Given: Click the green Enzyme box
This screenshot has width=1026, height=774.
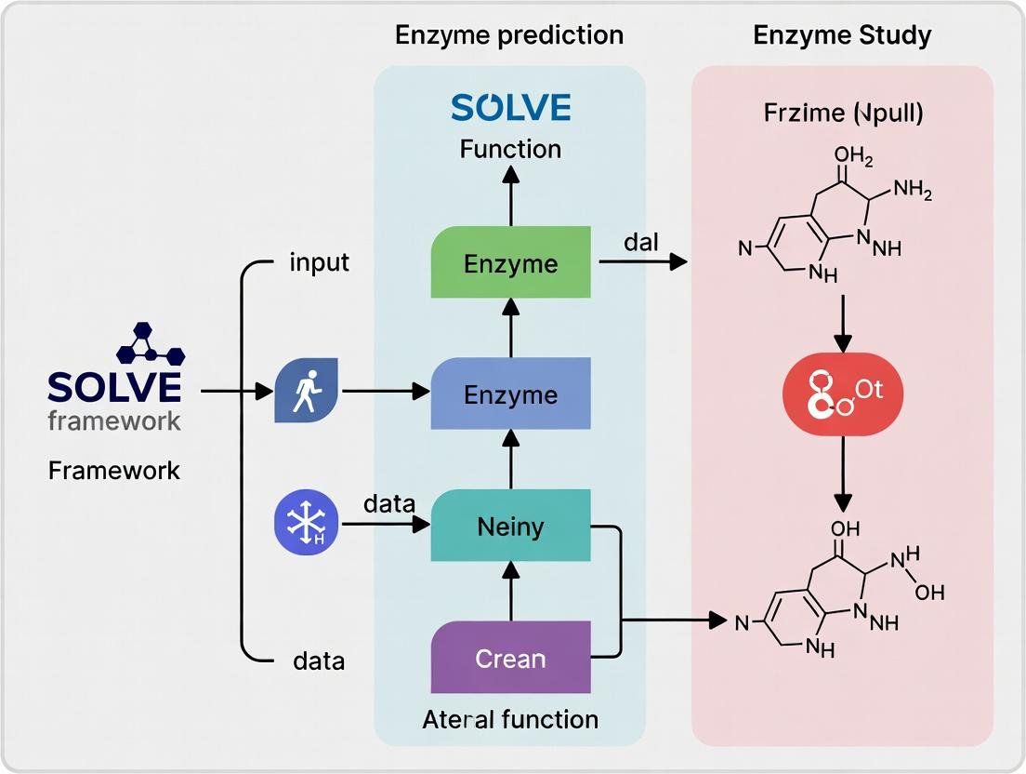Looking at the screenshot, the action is [x=510, y=262].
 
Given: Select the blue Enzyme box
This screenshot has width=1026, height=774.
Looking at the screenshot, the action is [x=510, y=394].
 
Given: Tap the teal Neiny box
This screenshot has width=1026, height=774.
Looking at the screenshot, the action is [x=510, y=526].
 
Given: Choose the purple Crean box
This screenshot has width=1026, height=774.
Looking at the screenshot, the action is [x=510, y=657].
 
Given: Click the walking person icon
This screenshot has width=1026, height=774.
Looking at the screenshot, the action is [x=307, y=391].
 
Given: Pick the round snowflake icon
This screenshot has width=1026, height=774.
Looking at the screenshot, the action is [x=307, y=522].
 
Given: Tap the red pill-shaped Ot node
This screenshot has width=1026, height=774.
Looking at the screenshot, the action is [x=843, y=394].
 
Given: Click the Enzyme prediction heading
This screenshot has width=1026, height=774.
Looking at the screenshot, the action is [x=509, y=34].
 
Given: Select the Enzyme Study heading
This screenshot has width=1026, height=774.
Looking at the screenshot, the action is [x=842, y=34].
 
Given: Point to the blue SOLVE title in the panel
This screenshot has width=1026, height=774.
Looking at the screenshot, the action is [x=511, y=107].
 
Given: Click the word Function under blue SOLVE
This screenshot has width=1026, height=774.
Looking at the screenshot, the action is [x=510, y=149].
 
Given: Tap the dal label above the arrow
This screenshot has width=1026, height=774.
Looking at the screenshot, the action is [x=640, y=242].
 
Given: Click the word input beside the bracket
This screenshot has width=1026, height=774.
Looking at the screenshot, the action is [x=320, y=262].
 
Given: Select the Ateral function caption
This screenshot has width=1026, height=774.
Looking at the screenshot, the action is [x=510, y=720].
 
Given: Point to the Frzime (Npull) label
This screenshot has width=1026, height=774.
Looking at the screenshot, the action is [x=844, y=113].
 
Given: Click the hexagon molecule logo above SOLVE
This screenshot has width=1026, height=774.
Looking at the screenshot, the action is [x=151, y=343].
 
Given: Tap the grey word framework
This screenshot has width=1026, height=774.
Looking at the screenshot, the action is [x=114, y=420].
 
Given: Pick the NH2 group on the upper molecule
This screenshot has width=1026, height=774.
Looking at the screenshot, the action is [x=913, y=190].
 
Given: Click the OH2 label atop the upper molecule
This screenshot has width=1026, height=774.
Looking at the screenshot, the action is [x=853, y=156].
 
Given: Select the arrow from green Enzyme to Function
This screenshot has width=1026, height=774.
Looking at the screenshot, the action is [x=511, y=195].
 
